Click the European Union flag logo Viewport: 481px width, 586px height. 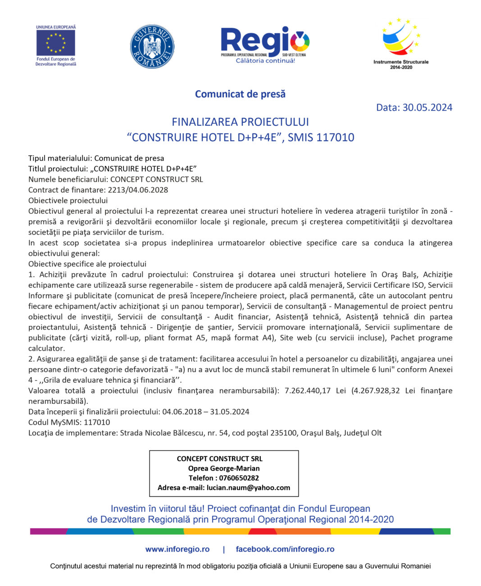tap(56, 43)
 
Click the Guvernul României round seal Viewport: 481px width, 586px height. tap(152, 46)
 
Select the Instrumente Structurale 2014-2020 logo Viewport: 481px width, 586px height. tap(401, 43)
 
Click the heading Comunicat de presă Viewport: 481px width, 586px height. tap(240, 94)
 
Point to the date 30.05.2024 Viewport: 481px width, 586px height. tap(427, 107)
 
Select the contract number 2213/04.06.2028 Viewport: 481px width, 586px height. tap(138, 190)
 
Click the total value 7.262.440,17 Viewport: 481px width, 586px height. tap(308, 391)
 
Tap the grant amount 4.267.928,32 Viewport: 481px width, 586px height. tap(376, 391)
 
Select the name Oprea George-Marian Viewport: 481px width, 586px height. tap(224, 468)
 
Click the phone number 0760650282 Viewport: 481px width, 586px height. tap(239, 478)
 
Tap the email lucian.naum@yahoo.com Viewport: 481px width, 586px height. tap(248, 488)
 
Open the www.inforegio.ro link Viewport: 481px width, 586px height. tap(177, 549)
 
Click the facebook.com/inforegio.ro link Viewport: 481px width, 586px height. tap(285, 549)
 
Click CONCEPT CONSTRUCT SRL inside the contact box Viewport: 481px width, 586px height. tap(219, 459)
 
